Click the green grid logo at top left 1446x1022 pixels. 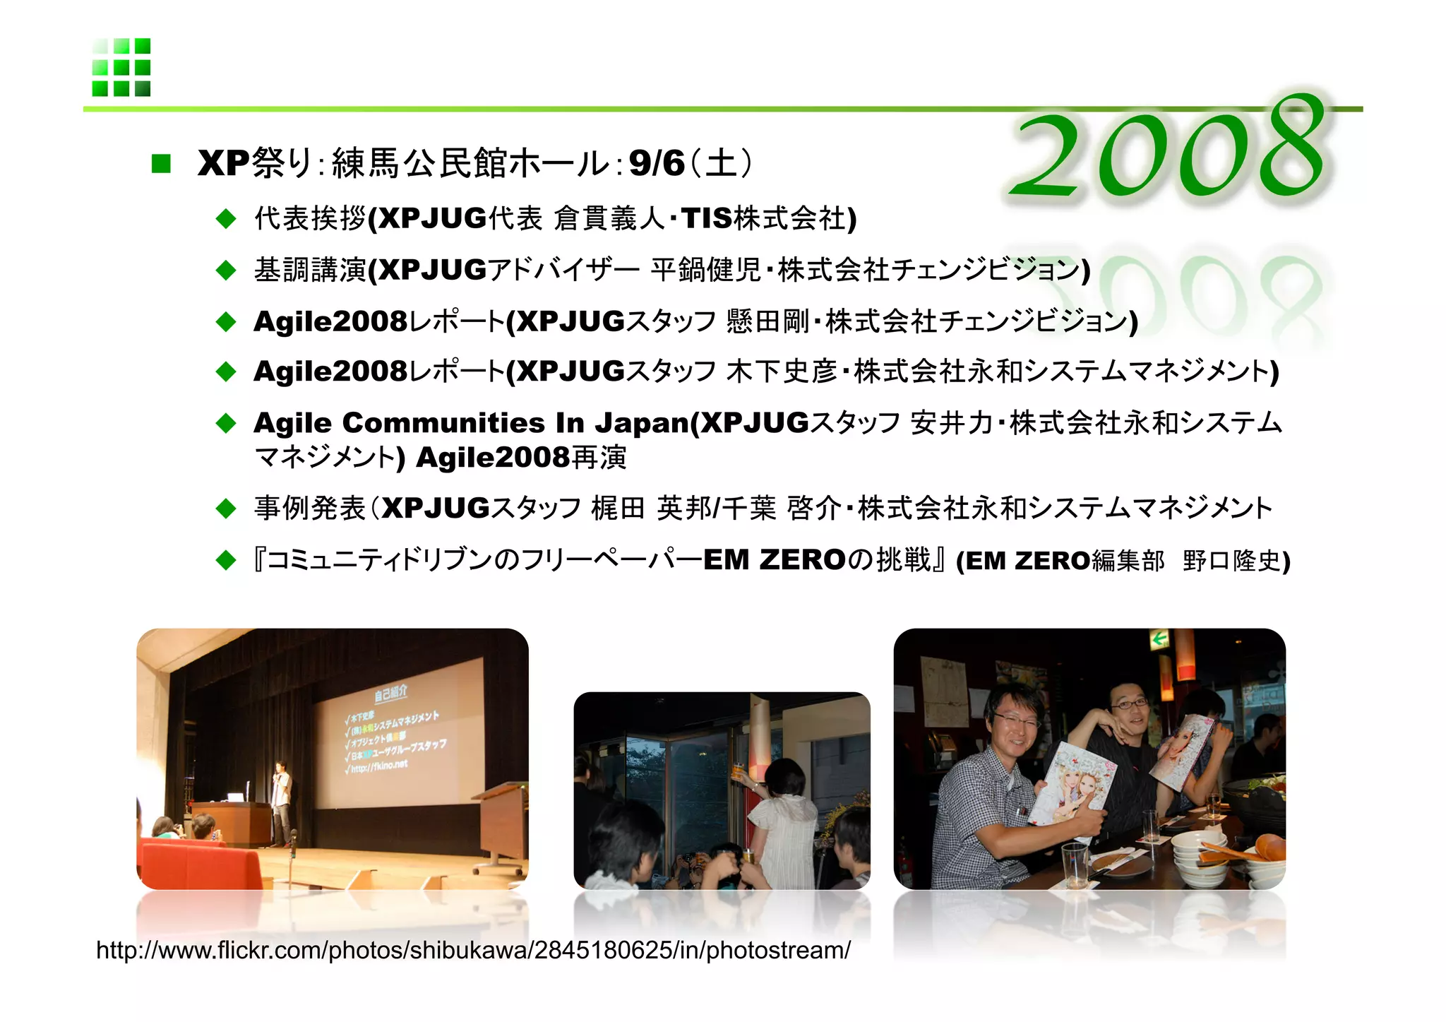pyautogui.click(x=121, y=67)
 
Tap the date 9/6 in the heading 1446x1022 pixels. pyautogui.click(x=656, y=164)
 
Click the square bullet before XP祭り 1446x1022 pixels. pyautogui.click(x=161, y=164)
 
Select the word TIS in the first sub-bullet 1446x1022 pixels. pyautogui.click(x=707, y=219)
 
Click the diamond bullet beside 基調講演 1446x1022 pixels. pyautogui.click(x=226, y=270)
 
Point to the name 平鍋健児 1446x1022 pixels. pyautogui.click(x=705, y=270)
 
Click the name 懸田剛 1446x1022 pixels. pyautogui.click(x=767, y=321)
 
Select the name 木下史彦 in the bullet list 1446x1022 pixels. pyautogui.click(x=781, y=372)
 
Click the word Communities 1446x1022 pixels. pyautogui.click(x=443, y=423)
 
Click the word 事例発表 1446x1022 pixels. pyautogui.click(x=310, y=509)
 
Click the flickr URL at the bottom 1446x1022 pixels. pyautogui.click(x=473, y=951)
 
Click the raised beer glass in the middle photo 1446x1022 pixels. pyautogui.click(x=739, y=771)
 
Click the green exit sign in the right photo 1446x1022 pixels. pyautogui.click(x=1159, y=641)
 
